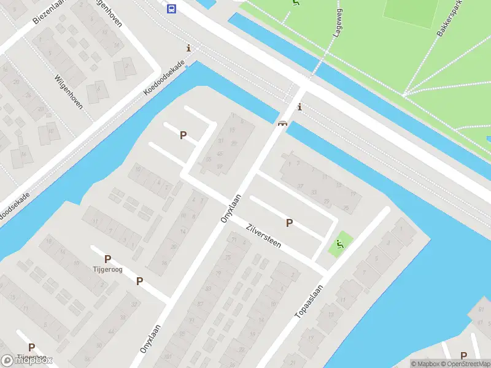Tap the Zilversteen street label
[x=263, y=235]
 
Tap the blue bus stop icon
[x=171, y=8]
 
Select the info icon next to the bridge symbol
[x=300, y=107]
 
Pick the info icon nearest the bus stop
[x=188, y=48]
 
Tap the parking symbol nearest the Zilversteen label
[x=289, y=223]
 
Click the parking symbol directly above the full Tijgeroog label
[x=107, y=259]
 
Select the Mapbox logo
[x=26, y=361]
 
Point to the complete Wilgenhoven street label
[x=68, y=90]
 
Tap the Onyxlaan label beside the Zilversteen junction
[x=230, y=209]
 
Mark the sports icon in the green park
[x=296, y=3]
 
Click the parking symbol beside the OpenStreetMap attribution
[x=463, y=355]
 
